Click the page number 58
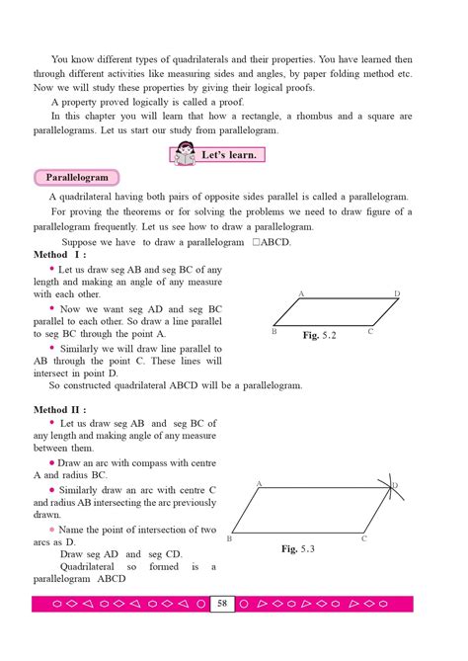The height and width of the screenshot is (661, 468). [222, 603]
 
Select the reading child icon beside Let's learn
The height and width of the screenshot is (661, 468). [184, 155]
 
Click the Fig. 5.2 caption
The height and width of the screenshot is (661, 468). [320, 336]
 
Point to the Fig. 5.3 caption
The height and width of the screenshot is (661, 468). [297, 548]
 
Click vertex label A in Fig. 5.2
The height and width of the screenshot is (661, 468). [300, 294]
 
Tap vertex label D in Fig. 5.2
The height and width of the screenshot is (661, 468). [397, 294]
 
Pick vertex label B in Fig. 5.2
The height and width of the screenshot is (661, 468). [273, 333]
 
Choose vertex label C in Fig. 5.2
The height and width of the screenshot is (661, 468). [370, 332]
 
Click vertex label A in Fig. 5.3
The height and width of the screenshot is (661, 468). [258, 483]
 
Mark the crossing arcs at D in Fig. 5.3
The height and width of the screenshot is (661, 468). [390, 486]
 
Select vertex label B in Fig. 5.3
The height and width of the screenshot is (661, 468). [229, 538]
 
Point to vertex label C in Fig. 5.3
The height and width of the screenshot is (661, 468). [363, 538]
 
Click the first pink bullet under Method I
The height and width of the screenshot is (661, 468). [52, 269]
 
